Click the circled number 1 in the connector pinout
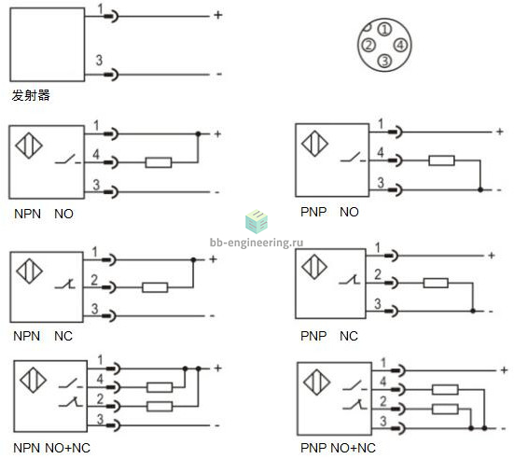(384, 29)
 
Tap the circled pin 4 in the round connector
(400, 45)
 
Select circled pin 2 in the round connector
(368, 45)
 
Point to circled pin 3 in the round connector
(384, 61)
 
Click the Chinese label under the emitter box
(31, 95)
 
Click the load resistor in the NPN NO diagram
(159, 162)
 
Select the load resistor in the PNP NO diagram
(441, 160)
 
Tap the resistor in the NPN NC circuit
(155, 287)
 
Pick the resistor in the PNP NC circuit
(436, 283)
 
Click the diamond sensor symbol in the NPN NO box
(29, 146)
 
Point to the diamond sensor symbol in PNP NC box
(314, 267)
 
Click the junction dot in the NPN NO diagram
(198, 133)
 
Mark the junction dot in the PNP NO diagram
(480, 189)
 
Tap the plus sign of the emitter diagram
(218, 15)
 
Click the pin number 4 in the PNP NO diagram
(381, 152)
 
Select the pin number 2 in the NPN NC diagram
(94, 280)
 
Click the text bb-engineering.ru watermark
(257, 243)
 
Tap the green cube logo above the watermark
(257, 221)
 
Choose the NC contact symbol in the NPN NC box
(65, 284)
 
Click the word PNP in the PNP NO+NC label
(313, 448)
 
